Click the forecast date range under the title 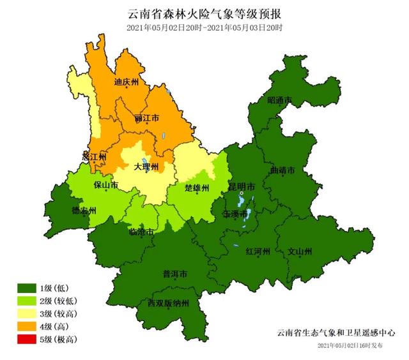pyautogui.click(x=204, y=27)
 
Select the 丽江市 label pyautogui.click(x=147, y=119)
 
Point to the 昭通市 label pyautogui.click(x=279, y=101)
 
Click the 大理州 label pyautogui.click(x=146, y=167)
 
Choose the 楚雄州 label pyautogui.click(x=197, y=188)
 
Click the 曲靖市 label pyautogui.click(x=282, y=171)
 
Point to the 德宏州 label pyautogui.click(x=84, y=211)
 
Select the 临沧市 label pyautogui.click(x=141, y=232)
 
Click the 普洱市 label pyautogui.click(x=174, y=274)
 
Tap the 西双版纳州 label pyautogui.click(x=168, y=303)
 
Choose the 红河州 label pyautogui.click(x=259, y=251)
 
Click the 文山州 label pyautogui.click(x=300, y=251)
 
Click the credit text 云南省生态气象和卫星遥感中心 pyautogui.click(x=336, y=333)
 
